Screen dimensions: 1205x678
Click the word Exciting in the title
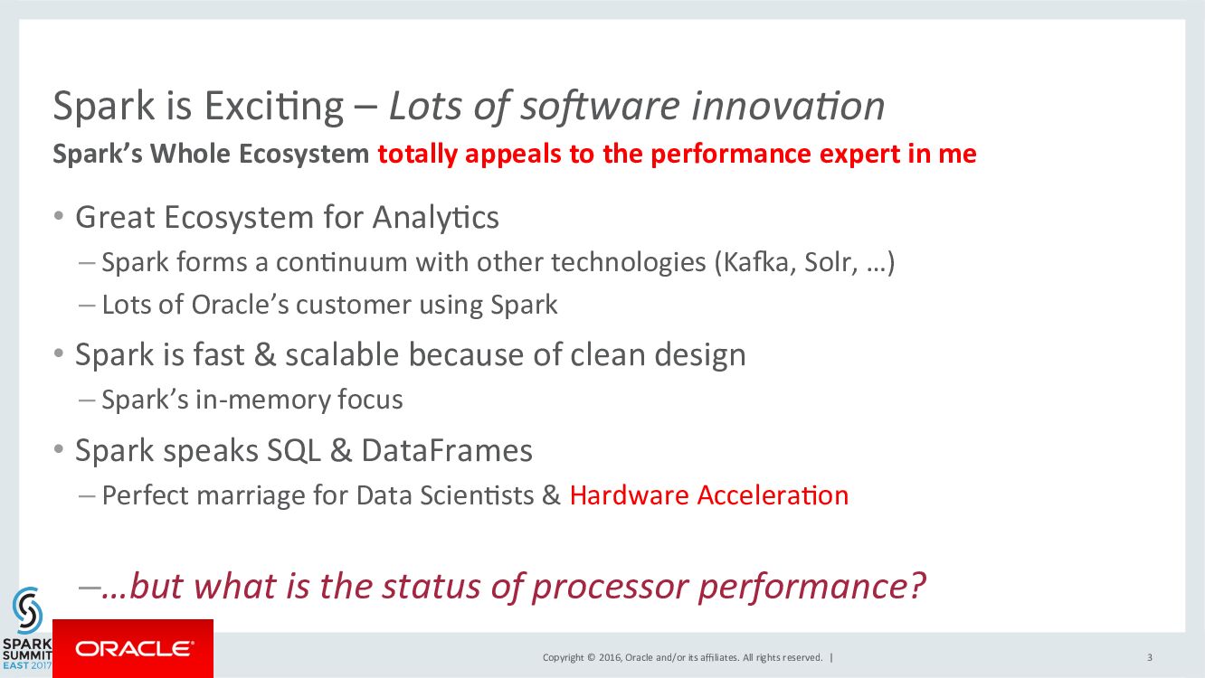click(x=274, y=107)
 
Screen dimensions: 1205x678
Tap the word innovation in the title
click(x=788, y=106)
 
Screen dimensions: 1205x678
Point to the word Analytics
click(x=435, y=218)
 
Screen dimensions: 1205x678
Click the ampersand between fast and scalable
click(x=265, y=355)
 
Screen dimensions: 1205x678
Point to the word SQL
click(x=293, y=450)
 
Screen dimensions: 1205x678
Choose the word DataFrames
click(x=447, y=450)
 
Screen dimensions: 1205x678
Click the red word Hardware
click(x=629, y=495)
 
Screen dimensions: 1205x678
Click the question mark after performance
click(x=917, y=585)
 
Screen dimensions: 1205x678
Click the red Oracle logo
click(x=133, y=648)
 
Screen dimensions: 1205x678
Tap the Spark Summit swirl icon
click(x=27, y=609)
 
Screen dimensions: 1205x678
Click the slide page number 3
click(x=1150, y=657)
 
